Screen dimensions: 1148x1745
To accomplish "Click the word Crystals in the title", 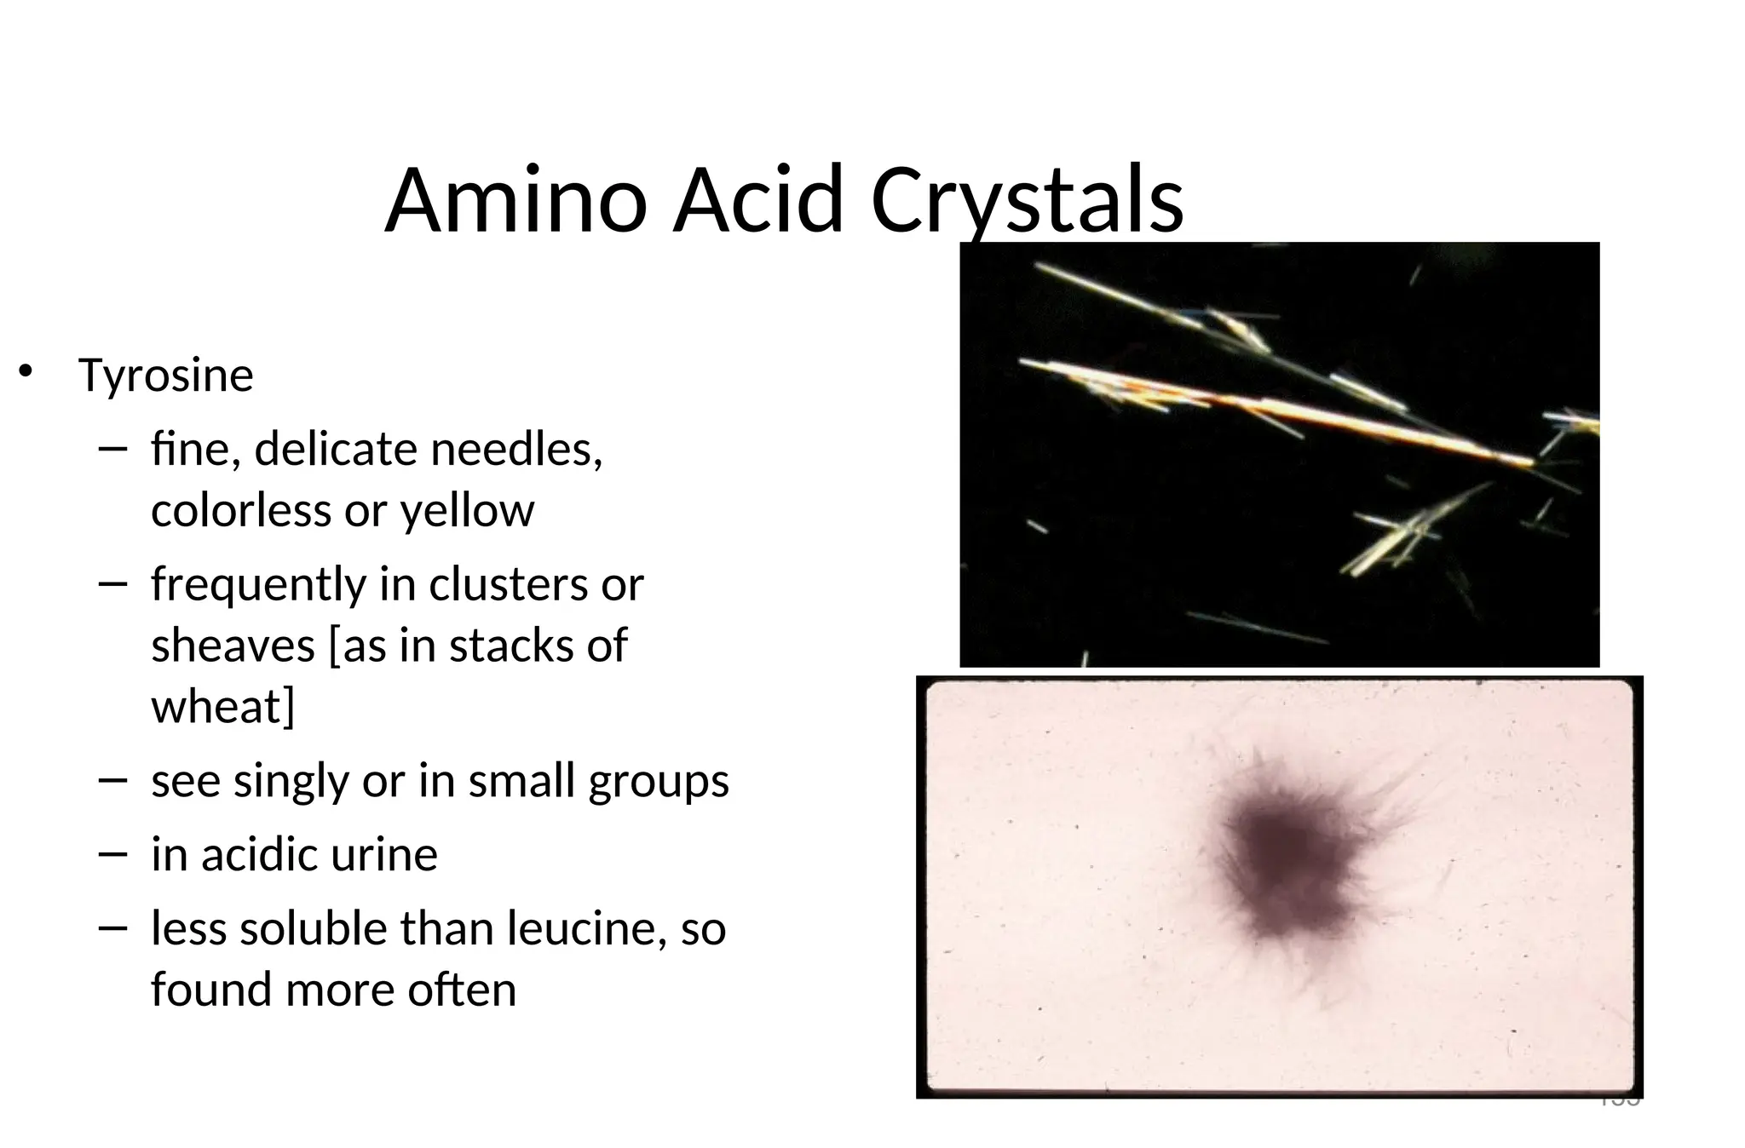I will click(x=1026, y=201).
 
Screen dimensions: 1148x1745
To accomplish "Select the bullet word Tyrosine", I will click(x=165, y=376).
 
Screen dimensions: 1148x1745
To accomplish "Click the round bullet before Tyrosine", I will click(x=26, y=371).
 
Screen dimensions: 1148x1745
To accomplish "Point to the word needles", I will click(x=516, y=449).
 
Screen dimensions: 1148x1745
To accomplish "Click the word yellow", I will click(x=467, y=511).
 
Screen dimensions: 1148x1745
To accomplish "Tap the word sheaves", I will click(x=233, y=646).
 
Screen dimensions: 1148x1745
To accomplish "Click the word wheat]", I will click(x=222, y=707).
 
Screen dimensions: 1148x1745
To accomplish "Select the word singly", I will click(x=291, y=781).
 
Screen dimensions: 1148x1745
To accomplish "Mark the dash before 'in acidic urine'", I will click(x=112, y=852).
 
